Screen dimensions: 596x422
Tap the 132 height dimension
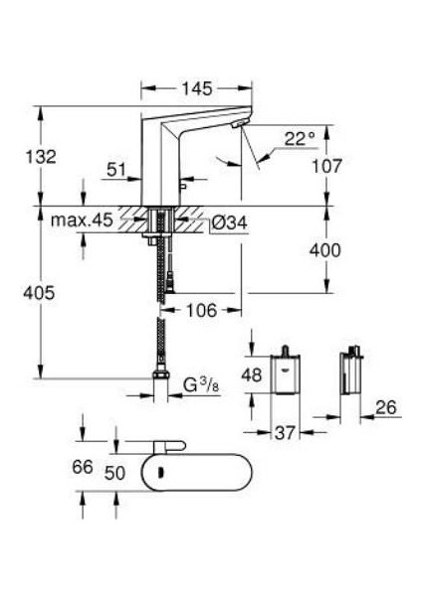[x=42, y=156]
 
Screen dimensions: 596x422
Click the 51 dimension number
[x=117, y=170]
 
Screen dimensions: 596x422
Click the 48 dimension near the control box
[x=252, y=376]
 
